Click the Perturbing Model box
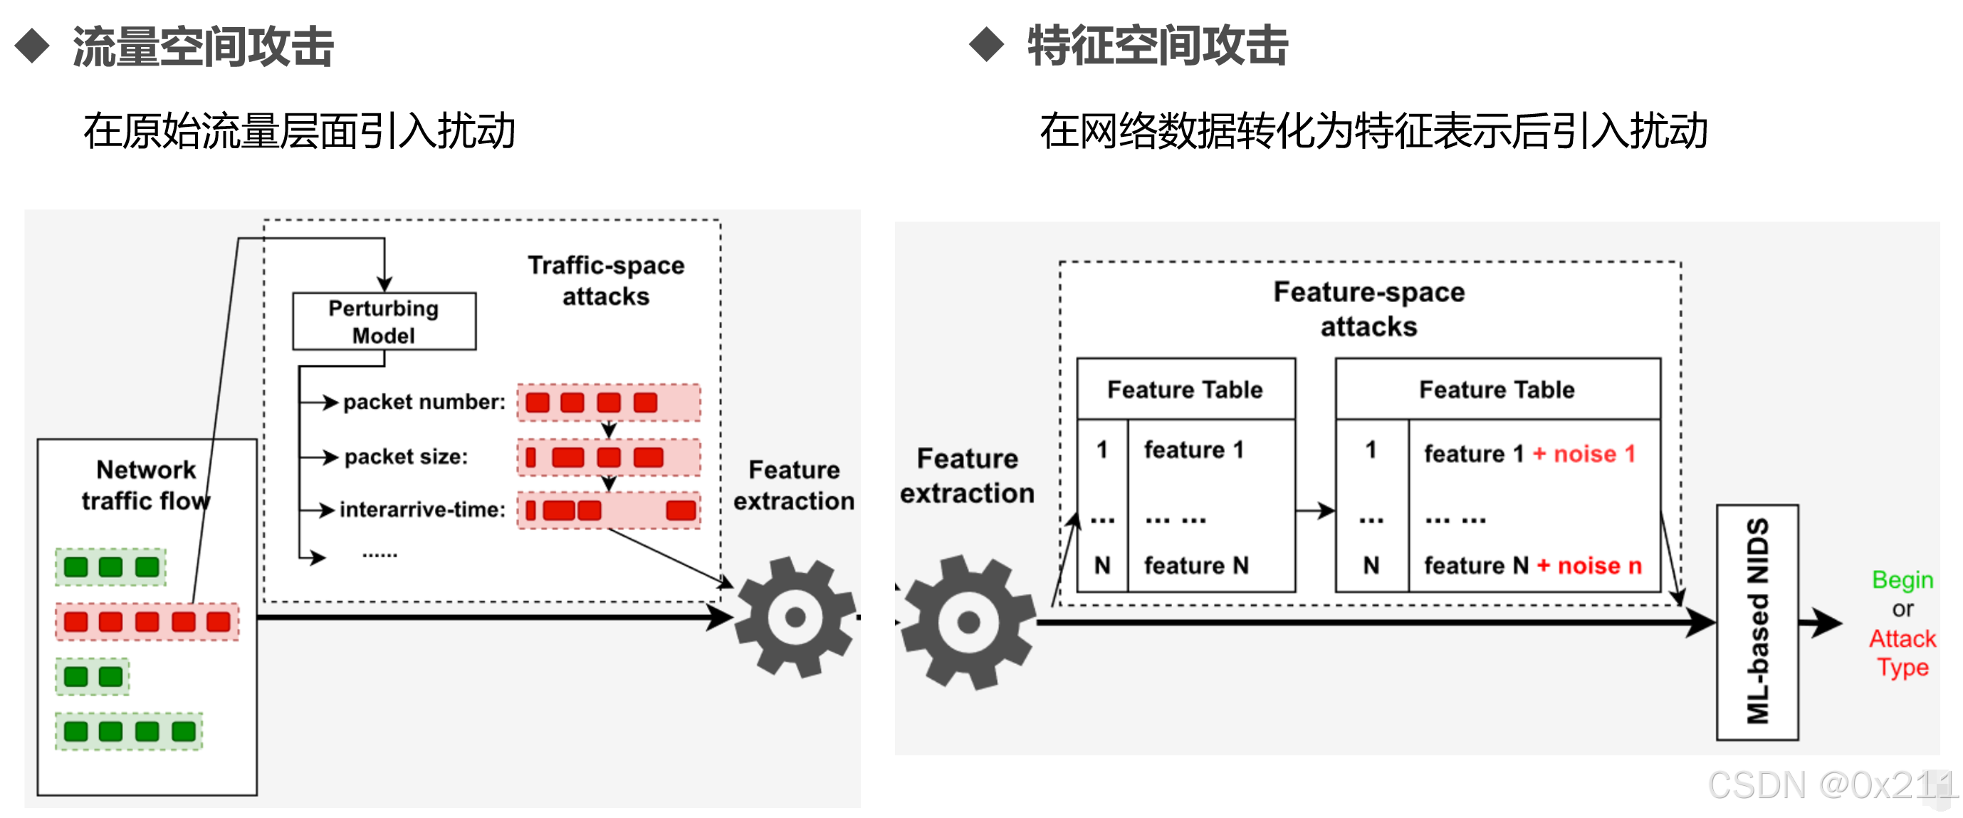coord(384,321)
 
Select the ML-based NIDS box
coord(1757,621)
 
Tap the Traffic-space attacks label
coord(606,281)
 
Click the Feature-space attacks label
coord(1368,309)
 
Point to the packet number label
coord(424,402)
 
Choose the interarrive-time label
coord(422,509)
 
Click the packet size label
coord(405,457)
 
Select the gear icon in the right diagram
coord(968,622)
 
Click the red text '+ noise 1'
coord(1584,454)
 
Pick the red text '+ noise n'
coord(1589,566)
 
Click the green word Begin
coord(1902,580)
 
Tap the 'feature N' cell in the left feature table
coord(1195,566)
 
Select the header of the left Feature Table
coord(1185,390)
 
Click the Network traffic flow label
coord(145,485)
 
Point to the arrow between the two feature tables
coord(1315,510)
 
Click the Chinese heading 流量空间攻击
coord(203,46)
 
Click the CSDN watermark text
coord(1830,785)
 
